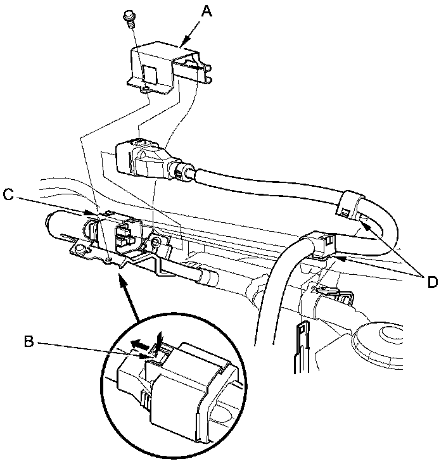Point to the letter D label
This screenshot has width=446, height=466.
click(433, 282)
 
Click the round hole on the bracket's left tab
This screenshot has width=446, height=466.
click(79, 251)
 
